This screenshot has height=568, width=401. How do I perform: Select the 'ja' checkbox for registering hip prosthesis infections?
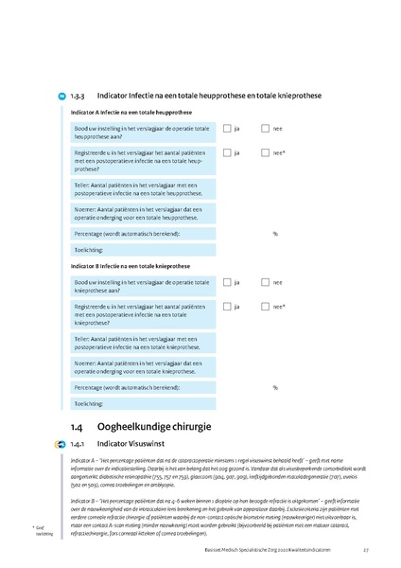click(228, 152)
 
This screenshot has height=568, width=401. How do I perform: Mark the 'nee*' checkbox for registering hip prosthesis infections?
click(265, 152)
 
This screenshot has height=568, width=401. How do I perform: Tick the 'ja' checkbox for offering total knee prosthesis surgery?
click(228, 282)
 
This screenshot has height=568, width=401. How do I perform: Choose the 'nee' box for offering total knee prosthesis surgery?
click(265, 282)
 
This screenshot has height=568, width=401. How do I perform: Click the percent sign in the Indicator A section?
click(275, 233)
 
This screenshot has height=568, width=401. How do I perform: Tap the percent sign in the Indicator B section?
click(275, 388)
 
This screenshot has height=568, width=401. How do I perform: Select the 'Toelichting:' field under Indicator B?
click(142, 404)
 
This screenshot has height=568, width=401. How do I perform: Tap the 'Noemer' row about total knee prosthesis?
click(142, 366)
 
